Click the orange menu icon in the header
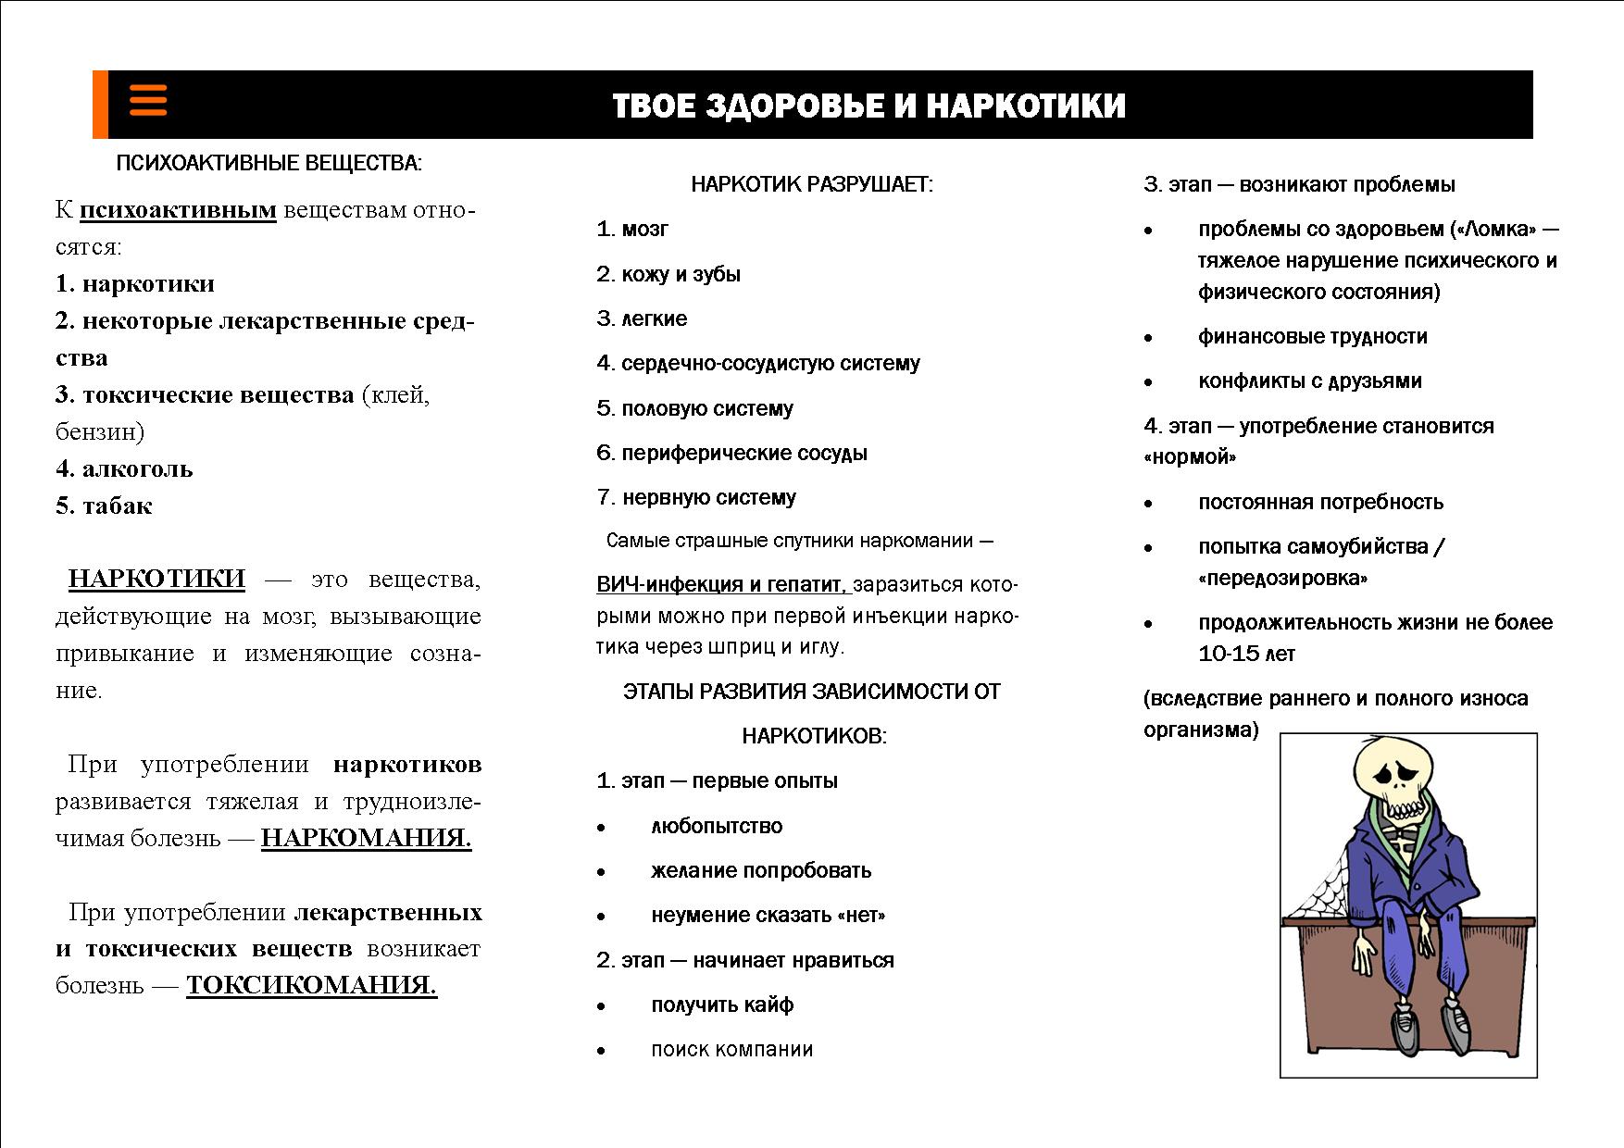click(x=148, y=100)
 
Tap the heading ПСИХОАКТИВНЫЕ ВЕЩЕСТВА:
click(x=269, y=164)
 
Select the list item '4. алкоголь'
click(x=124, y=469)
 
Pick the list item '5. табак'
click(x=104, y=506)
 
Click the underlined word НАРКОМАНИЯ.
click(x=366, y=838)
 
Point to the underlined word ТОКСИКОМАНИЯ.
click(x=311, y=985)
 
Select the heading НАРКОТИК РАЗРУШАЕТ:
click(x=812, y=184)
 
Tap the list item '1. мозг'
click(x=632, y=230)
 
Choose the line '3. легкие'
click(x=642, y=319)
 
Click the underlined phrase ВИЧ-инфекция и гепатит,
click(x=721, y=585)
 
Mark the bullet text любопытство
click(x=717, y=826)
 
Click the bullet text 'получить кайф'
click(x=722, y=1004)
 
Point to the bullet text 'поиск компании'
click(x=731, y=1050)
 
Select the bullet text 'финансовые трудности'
click(x=1312, y=336)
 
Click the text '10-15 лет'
click(x=1246, y=654)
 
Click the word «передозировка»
click(x=1282, y=579)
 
